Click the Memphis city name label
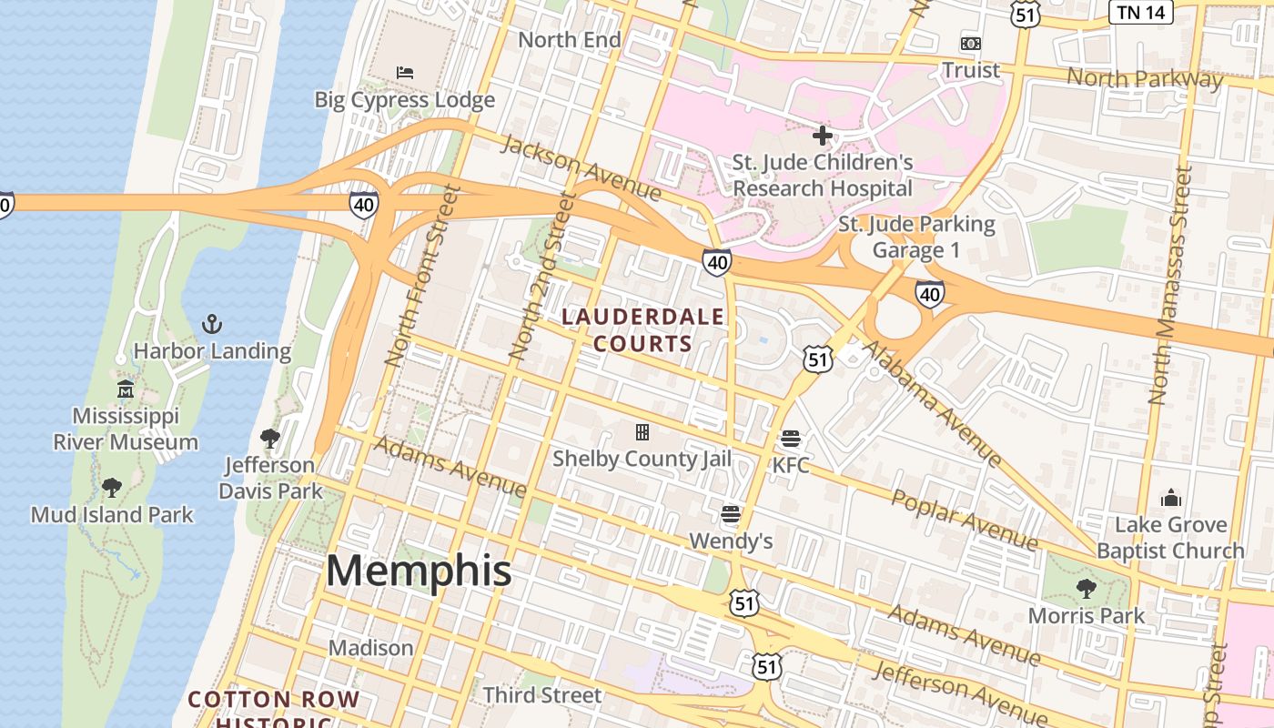point(419,571)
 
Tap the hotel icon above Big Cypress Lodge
point(405,72)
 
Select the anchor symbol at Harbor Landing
point(211,324)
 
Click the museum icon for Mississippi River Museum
point(125,389)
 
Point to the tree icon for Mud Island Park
point(112,488)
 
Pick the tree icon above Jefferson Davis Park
point(269,439)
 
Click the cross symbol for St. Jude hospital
point(823,136)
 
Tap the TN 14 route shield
point(1140,12)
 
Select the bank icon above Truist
point(971,43)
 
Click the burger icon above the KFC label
point(790,439)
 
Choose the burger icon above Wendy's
point(731,514)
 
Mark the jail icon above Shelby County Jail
point(642,431)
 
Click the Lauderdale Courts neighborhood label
point(643,330)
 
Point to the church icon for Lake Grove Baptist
point(1170,498)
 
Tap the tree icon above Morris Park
point(1086,589)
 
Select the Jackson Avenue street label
point(581,167)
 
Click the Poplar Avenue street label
point(964,520)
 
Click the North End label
point(570,40)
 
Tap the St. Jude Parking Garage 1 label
point(916,237)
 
